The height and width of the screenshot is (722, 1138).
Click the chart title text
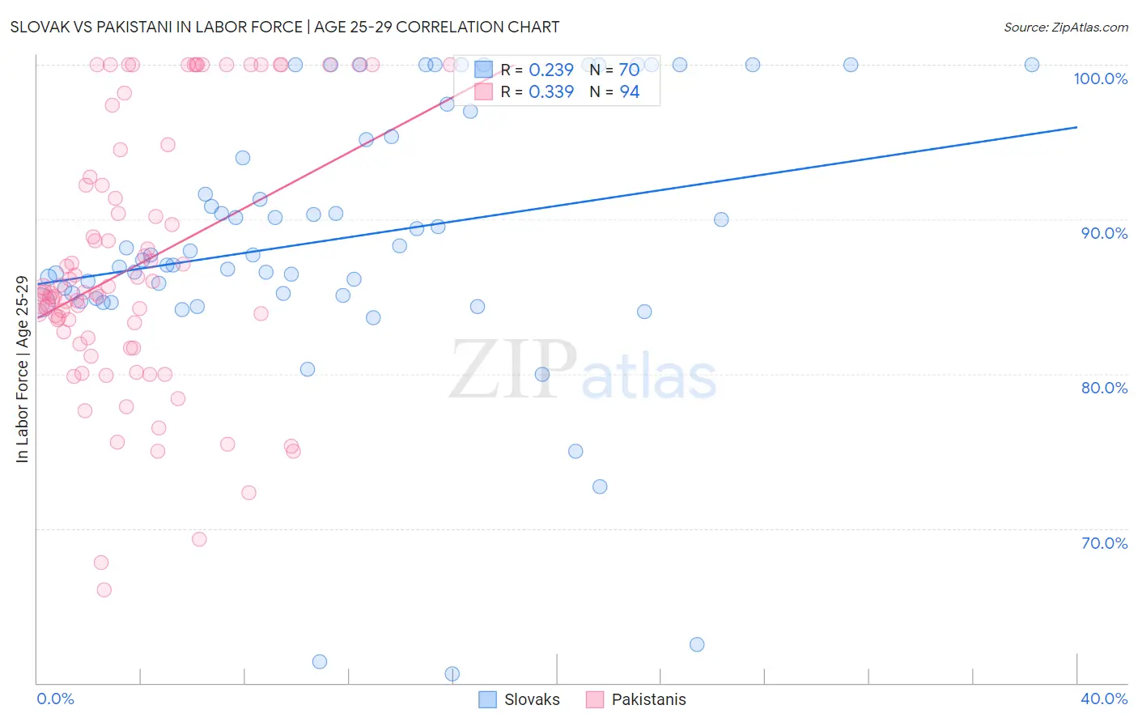tap(284, 27)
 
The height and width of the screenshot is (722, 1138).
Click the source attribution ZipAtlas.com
tap(1065, 27)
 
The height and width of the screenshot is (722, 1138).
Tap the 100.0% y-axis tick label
tap(1100, 79)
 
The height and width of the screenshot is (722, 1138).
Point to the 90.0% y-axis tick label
tap(1104, 233)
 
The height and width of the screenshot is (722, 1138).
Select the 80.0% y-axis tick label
tap(1104, 388)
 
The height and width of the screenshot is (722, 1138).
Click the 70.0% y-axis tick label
tap(1104, 543)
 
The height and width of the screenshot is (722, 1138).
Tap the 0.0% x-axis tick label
tap(55, 699)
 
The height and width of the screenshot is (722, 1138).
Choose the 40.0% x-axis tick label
tap(1104, 699)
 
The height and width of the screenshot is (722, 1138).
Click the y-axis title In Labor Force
tap(22, 369)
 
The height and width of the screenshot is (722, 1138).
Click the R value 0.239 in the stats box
tap(550, 70)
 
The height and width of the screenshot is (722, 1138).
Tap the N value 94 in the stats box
tap(630, 92)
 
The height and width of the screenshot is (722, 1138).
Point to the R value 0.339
tap(550, 92)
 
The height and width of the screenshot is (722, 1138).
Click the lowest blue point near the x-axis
tap(452, 674)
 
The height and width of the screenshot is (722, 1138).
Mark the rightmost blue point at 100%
tap(1032, 65)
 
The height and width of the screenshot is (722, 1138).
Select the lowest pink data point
tap(104, 590)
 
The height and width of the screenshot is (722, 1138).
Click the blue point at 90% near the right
tap(721, 219)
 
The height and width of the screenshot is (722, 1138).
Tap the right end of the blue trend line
tap(1076, 127)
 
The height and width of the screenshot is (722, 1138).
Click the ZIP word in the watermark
tap(513, 369)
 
